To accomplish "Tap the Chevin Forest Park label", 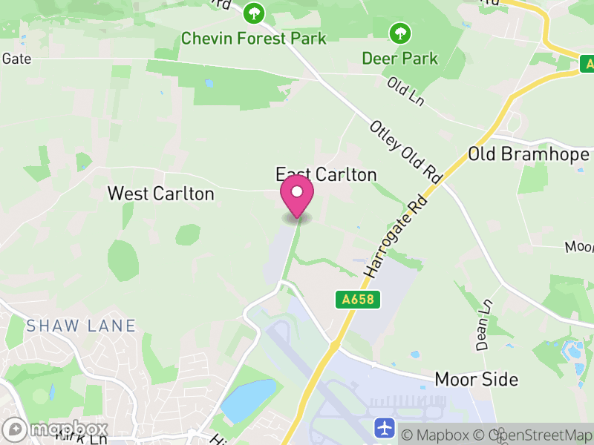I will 254,38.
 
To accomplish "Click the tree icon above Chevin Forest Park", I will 254,13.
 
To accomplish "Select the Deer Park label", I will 399,57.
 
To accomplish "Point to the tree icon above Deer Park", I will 400,32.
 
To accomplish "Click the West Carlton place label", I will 160,194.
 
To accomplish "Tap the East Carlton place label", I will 327,174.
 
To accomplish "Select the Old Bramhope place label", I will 529,154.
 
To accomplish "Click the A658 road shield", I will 358,300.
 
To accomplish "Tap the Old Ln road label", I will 405,91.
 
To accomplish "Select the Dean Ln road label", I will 484,325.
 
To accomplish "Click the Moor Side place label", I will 476,379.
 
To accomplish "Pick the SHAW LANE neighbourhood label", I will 81,326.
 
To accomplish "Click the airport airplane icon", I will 385,428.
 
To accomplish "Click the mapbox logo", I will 56,429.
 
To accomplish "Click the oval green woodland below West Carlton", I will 123,260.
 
